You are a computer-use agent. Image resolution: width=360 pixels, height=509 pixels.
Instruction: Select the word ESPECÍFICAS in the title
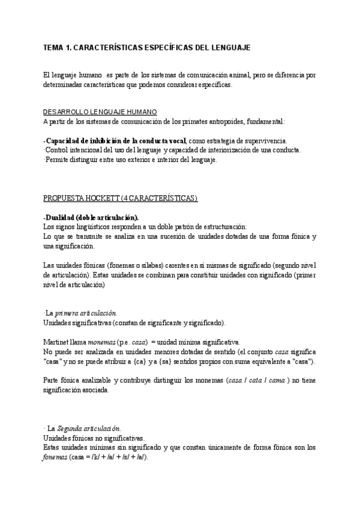[x=174, y=47]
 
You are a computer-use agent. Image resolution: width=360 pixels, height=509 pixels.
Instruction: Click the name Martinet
[x=56, y=342]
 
